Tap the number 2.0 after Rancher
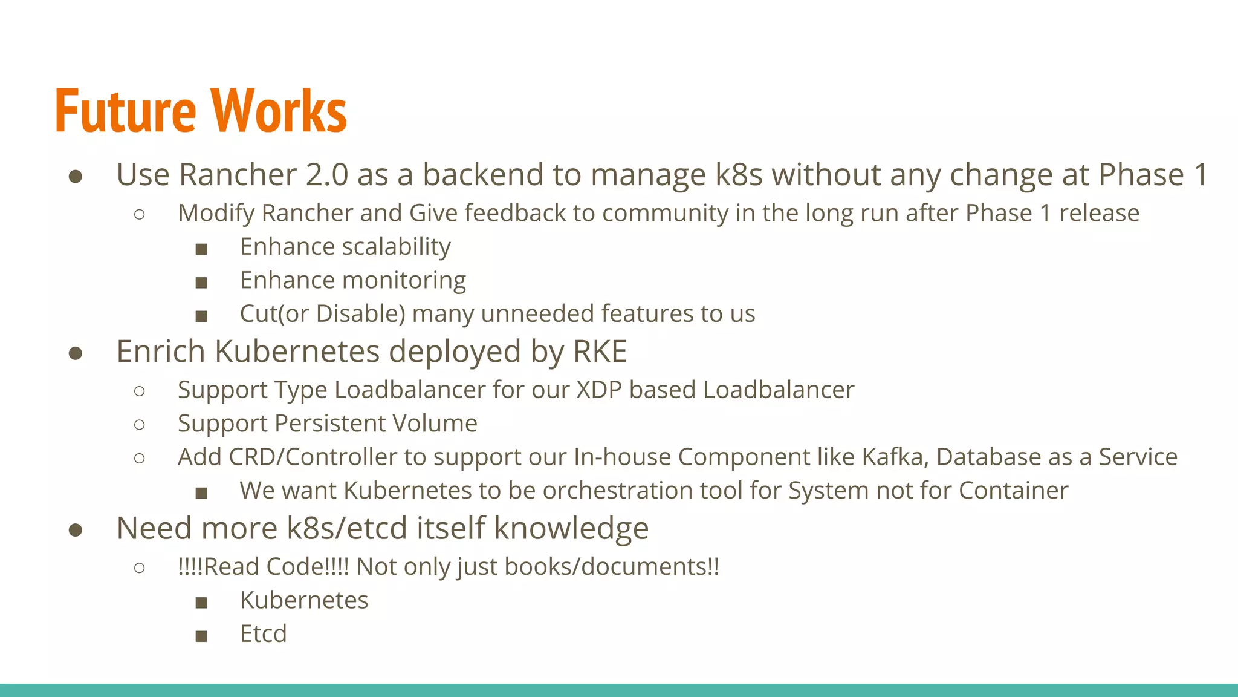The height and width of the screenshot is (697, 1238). (327, 175)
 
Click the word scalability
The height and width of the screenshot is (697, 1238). (396, 247)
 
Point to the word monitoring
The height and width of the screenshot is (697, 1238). (404, 281)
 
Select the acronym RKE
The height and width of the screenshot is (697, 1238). (600, 352)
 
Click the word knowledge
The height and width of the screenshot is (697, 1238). (571, 528)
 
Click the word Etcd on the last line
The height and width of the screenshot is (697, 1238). (263, 634)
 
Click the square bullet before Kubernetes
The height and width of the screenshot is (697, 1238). (201, 603)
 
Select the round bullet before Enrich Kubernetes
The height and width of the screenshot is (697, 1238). (76, 353)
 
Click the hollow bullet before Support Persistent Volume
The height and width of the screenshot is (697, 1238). (140, 425)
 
